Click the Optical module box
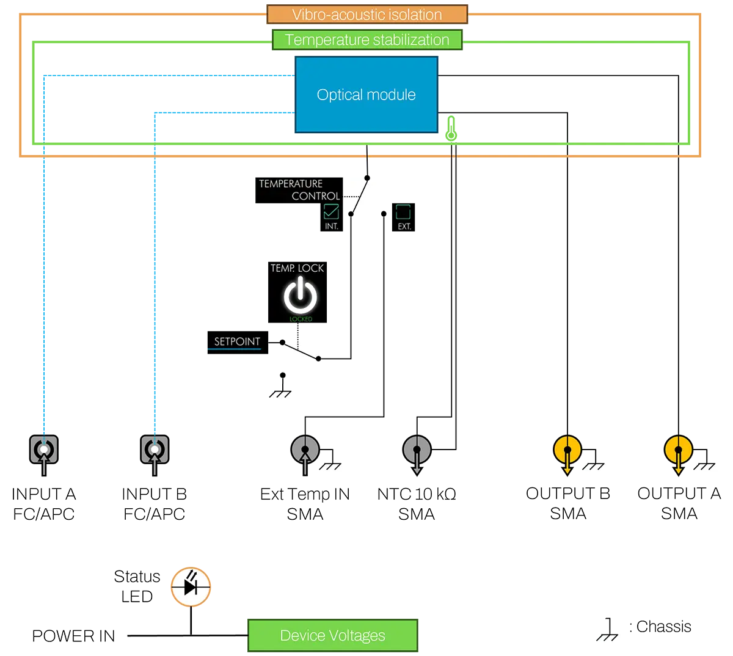(x=366, y=95)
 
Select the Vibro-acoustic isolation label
(x=366, y=15)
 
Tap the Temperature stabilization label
(x=366, y=40)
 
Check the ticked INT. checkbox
(x=331, y=211)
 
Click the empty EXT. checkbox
(x=403, y=211)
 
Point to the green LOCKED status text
(x=301, y=319)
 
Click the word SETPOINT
(x=237, y=341)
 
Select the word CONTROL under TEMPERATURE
(x=315, y=196)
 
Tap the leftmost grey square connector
(x=44, y=450)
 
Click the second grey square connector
(x=155, y=450)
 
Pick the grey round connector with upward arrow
(x=305, y=451)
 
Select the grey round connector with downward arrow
(x=417, y=451)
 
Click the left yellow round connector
(x=567, y=451)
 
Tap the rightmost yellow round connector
(x=678, y=451)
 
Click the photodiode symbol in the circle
(x=191, y=588)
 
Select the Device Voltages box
(x=332, y=636)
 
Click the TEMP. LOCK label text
(x=297, y=268)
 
